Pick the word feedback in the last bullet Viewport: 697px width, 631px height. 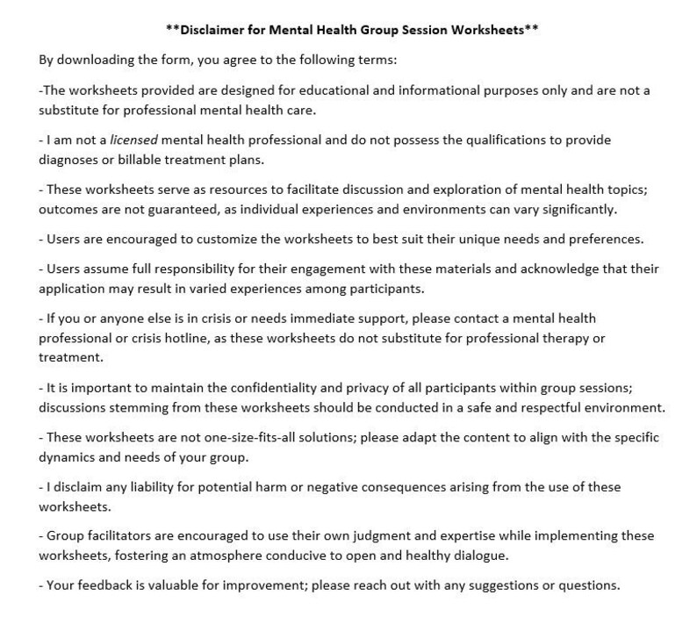click(96, 584)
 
